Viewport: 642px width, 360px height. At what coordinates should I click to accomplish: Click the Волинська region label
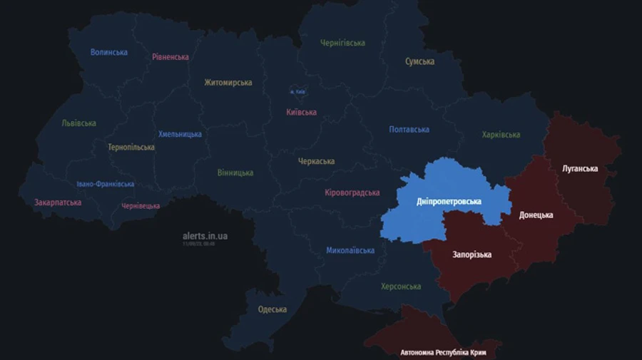point(109,52)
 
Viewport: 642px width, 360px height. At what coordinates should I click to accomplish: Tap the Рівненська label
point(170,57)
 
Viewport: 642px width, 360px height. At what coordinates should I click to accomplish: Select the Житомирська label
point(228,83)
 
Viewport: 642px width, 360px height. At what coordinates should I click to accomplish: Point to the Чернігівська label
point(342,43)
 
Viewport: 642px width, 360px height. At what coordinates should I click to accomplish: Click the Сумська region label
point(419,61)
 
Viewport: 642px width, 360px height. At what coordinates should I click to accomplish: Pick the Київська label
point(301,113)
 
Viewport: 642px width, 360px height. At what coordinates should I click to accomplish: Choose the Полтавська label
point(409,130)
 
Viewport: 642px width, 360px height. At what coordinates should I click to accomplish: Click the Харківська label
point(501,135)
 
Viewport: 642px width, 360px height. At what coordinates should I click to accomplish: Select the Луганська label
point(580,169)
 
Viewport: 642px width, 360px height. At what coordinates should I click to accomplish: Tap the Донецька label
point(536,215)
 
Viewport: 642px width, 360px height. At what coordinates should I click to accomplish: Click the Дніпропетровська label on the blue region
point(449,202)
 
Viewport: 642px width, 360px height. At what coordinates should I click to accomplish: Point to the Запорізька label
point(472,254)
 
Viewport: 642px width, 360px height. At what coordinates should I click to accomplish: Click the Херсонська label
point(400,287)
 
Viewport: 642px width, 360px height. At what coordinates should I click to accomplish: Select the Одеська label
point(272,309)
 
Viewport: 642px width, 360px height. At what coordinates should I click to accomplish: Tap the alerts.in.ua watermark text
point(205,236)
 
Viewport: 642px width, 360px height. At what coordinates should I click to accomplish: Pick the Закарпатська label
point(58,202)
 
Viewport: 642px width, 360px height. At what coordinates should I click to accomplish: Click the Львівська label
point(78,123)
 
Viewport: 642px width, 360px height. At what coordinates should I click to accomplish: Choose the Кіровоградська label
point(352,193)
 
